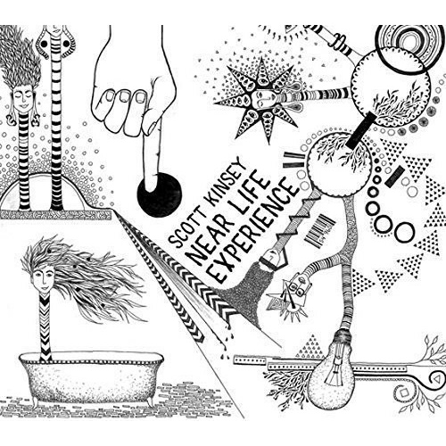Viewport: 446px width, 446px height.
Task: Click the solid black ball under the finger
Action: point(160,194)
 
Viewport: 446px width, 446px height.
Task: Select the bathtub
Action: point(90,379)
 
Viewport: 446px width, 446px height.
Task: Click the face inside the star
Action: point(260,99)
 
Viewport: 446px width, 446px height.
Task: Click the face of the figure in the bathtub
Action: point(44,279)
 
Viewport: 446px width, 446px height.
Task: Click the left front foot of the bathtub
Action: point(36,402)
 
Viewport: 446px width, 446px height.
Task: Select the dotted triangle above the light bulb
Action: point(310,346)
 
